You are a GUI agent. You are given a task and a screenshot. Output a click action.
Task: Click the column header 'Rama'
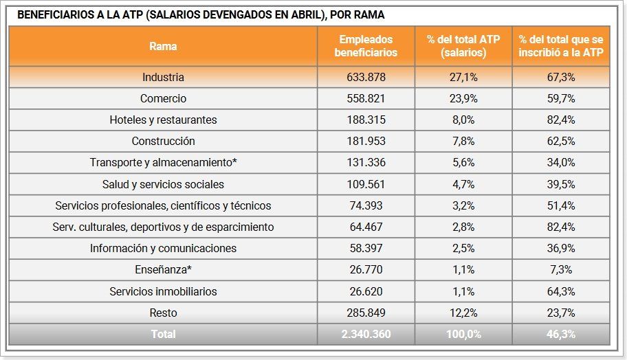coord(163,46)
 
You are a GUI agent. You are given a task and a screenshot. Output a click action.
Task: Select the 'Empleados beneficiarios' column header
coord(366,46)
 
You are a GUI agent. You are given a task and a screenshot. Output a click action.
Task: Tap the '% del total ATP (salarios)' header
coord(463,46)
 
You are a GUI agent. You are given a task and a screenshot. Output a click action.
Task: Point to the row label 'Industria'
coord(163,77)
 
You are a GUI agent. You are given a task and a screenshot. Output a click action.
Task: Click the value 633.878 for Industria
coord(366,77)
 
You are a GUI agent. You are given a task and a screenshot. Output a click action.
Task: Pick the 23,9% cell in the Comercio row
coord(463,98)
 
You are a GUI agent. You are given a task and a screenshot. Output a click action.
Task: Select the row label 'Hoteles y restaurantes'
coord(163,120)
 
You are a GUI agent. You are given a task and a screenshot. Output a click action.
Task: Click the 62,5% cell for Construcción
coord(560,141)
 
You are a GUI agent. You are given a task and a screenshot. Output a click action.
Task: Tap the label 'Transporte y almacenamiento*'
coord(163,163)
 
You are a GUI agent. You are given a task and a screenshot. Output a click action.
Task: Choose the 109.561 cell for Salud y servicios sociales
coord(366,184)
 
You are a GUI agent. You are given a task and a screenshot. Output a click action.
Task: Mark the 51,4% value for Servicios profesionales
coord(560,205)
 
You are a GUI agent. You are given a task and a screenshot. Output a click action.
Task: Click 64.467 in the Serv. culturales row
coord(366,227)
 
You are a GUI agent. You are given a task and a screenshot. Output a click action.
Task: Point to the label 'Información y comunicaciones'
coord(163,248)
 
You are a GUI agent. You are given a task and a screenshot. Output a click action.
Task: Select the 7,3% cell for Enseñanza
coord(560,270)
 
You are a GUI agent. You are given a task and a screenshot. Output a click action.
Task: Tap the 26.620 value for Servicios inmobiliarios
coord(366,291)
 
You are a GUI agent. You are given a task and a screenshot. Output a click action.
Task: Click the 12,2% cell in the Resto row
coord(463,313)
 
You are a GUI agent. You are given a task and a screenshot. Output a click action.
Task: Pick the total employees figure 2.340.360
coord(366,334)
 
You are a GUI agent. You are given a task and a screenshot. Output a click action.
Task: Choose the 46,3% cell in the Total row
coord(560,334)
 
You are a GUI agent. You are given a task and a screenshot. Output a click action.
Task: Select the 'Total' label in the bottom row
coord(163,334)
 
